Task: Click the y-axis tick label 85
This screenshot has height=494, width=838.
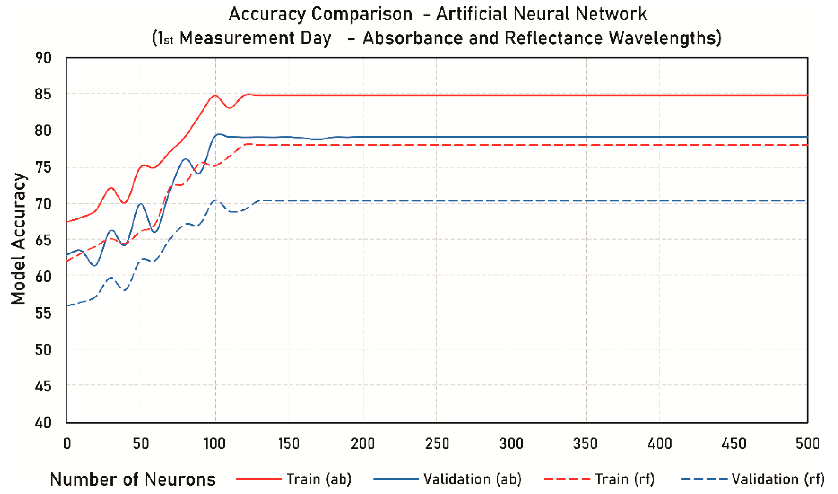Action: coord(43,95)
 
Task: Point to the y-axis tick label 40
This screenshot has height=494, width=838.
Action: coord(43,423)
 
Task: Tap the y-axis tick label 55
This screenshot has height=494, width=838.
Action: coord(43,313)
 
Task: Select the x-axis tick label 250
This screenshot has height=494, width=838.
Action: coord(437,444)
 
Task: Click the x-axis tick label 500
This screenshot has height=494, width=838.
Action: coord(807,444)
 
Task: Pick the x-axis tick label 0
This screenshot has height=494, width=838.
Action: coord(67,444)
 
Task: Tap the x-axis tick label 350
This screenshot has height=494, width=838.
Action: coord(585,444)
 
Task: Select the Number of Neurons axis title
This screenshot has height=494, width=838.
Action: coord(133,479)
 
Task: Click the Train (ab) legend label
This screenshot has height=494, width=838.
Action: coord(319,479)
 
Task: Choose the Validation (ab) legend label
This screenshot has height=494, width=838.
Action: coord(472,479)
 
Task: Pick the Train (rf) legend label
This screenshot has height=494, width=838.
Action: coord(625,479)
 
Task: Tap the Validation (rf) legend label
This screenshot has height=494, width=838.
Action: coord(778,479)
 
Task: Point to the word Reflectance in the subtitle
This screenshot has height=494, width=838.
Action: coord(553,38)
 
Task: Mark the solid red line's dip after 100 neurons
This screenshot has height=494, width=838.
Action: coord(229,108)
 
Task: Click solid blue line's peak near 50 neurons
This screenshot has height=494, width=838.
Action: coord(140,203)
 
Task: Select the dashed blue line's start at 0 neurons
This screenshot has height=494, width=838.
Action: coord(67,305)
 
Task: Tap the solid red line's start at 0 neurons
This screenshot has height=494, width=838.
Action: coord(67,222)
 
